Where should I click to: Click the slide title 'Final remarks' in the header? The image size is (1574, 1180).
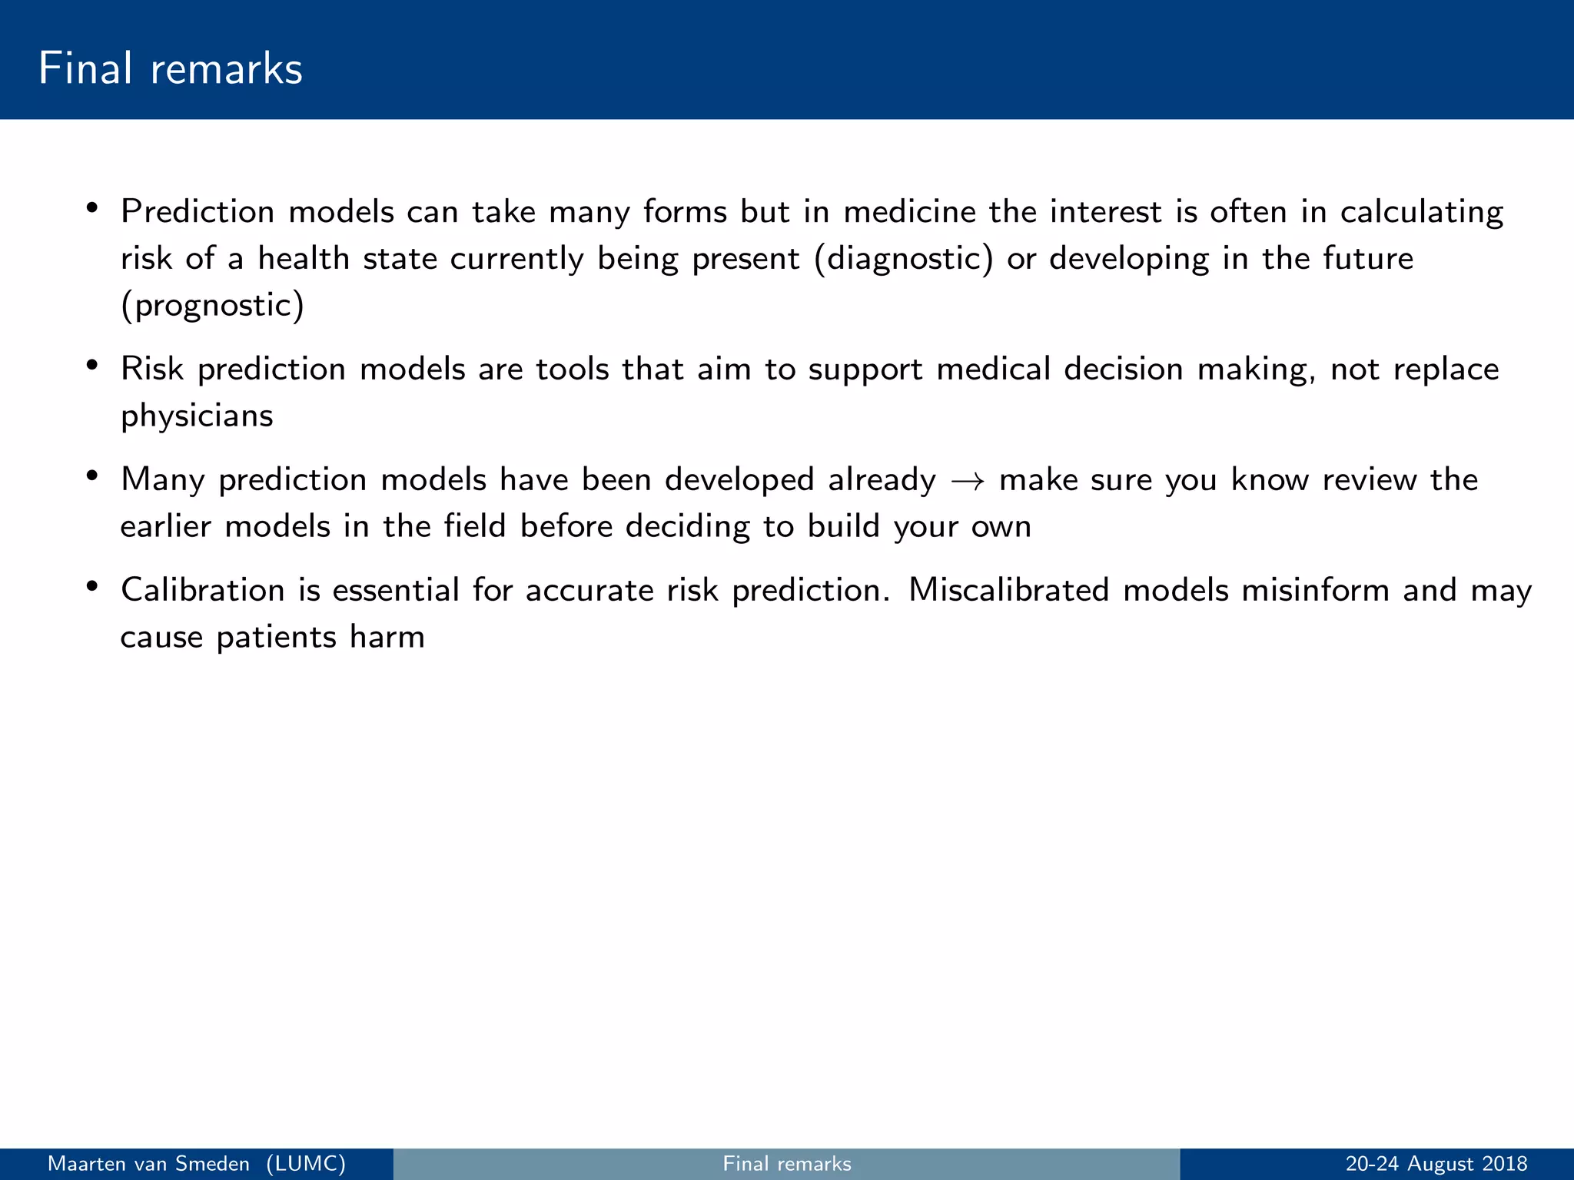[170, 68]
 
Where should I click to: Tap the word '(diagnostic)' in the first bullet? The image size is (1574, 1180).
[904, 259]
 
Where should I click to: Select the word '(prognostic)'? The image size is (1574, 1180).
[212, 306]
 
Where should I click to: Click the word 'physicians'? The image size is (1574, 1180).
[197, 416]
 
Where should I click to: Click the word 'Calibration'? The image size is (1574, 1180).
[203, 590]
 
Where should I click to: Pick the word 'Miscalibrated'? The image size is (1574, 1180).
[1008, 590]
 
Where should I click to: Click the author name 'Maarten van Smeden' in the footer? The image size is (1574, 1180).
[148, 1164]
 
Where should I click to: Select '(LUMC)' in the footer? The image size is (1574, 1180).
[306, 1164]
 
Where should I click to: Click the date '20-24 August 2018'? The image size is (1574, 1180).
[1436, 1164]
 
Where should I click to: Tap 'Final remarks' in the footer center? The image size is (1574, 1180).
[787, 1164]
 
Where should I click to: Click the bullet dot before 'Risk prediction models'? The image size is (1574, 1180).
[92, 366]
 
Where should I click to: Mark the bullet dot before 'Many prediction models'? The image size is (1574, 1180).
[92, 476]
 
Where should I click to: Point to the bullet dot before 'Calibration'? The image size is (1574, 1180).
[92, 587]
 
